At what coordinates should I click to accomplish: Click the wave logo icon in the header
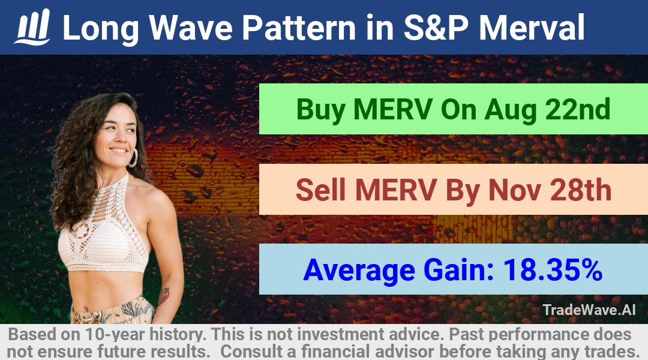pos(32,27)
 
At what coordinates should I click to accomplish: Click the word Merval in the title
pos(532,28)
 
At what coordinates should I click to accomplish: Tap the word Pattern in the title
pos(299,28)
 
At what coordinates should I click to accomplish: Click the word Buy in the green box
pos(320,110)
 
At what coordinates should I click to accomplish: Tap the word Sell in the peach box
pos(320,190)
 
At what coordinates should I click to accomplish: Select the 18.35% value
pos(553,270)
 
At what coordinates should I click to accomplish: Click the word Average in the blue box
pos(359,271)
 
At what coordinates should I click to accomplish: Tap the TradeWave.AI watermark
pos(589,310)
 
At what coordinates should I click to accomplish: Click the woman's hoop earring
pos(133,158)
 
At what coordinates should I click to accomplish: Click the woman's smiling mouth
pos(119,151)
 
